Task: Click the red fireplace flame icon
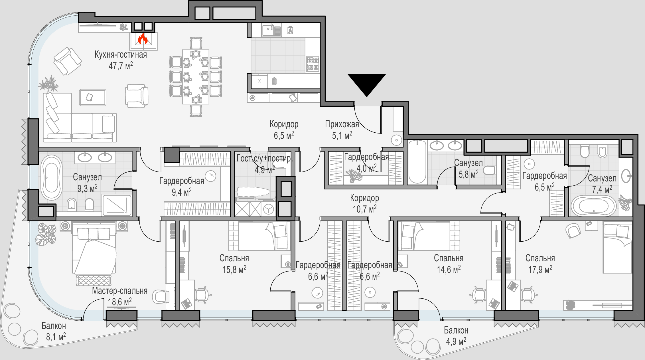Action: pos(143,39)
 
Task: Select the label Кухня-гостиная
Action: pos(121,54)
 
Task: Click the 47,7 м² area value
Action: pos(121,66)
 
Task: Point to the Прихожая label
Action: pos(342,124)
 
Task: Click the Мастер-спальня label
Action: pos(120,291)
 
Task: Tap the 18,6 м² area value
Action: pos(120,302)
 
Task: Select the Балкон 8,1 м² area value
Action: pos(56,337)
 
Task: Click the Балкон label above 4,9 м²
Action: pos(456,330)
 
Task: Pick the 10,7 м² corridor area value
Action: pos(365,209)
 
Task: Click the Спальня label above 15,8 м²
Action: pos(234,258)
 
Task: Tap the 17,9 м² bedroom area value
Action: pos(540,270)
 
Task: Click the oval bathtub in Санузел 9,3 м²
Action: pos(52,177)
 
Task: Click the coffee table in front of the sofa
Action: pos(93,97)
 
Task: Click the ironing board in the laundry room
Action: pos(253,192)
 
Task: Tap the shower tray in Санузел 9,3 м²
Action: pos(117,205)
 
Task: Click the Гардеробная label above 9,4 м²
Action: pos(182,181)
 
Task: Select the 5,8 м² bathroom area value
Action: pos(468,174)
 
